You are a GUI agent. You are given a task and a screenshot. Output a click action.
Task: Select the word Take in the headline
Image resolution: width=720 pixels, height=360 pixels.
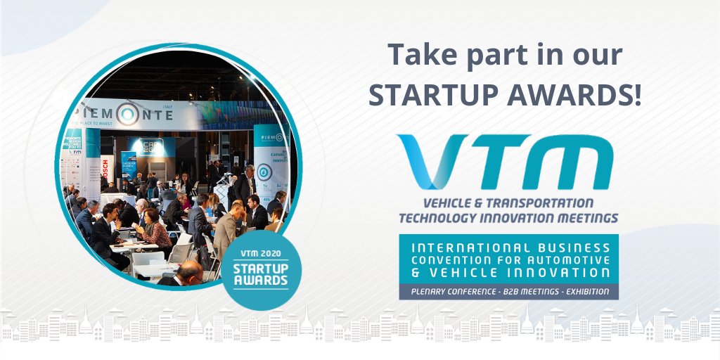click(420, 55)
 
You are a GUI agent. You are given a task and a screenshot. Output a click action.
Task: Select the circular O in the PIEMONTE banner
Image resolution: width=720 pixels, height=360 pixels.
click(127, 114)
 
